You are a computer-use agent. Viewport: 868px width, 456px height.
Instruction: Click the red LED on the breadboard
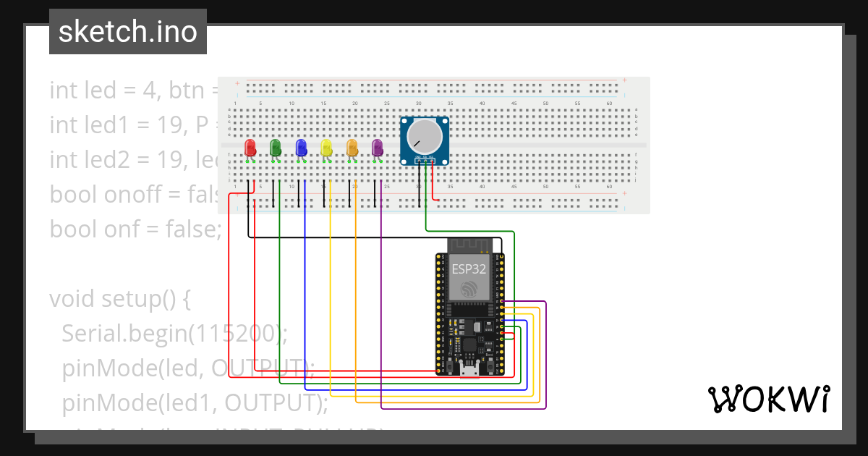(x=250, y=148)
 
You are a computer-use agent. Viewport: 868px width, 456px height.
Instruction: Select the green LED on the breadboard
(x=275, y=148)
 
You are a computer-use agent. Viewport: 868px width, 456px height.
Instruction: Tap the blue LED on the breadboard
(x=301, y=148)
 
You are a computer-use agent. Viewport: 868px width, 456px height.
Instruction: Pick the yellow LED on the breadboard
(x=326, y=148)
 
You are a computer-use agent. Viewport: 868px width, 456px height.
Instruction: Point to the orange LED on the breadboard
(x=352, y=148)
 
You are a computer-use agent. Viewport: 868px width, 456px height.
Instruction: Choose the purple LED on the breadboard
(x=377, y=148)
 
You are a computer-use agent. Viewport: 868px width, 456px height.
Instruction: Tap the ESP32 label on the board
(x=469, y=269)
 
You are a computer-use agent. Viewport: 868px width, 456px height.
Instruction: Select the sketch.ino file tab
(x=128, y=32)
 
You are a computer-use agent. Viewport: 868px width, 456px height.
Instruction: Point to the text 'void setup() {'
(x=119, y=298)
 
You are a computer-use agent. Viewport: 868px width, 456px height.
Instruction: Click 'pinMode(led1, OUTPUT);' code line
(x=195, y=402)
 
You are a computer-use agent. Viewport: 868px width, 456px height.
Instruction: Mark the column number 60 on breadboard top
(x=609, y=104)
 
